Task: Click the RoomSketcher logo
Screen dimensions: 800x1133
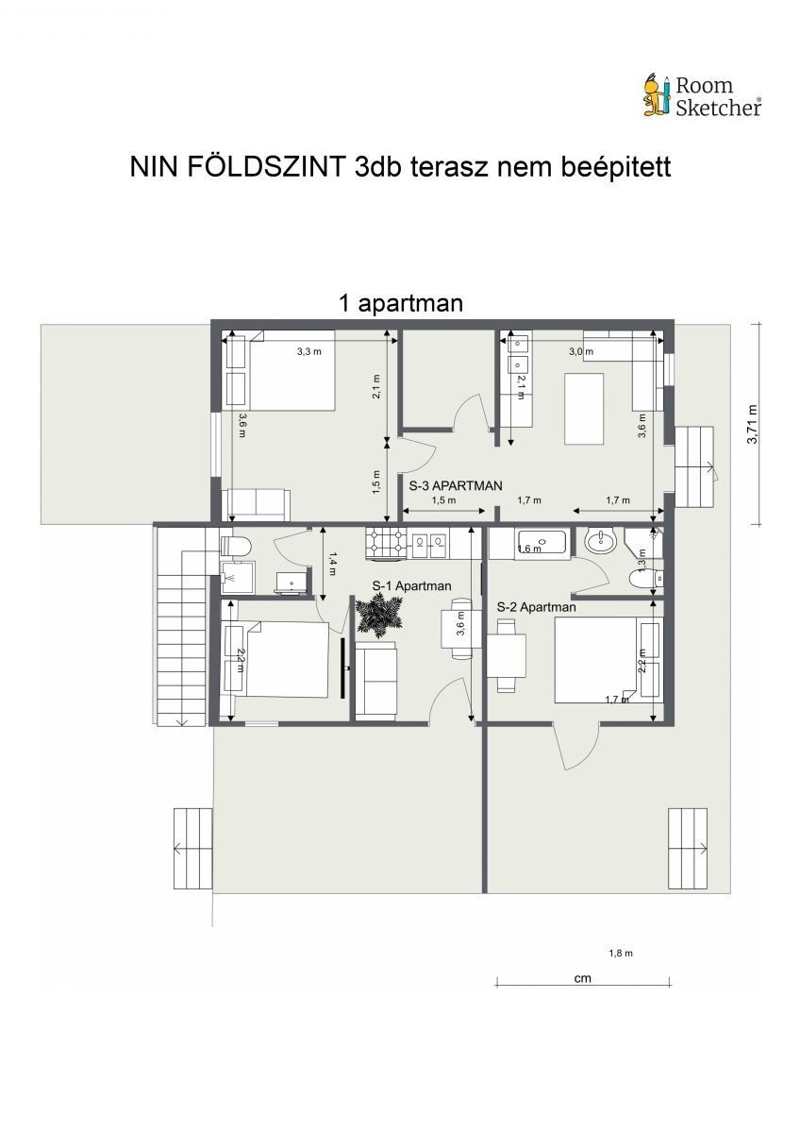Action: click(702, 96)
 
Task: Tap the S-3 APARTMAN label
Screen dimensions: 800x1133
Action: click(456, 485)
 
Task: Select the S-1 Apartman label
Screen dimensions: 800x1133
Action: click(411, 586)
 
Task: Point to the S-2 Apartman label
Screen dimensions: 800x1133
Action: click(536, 607)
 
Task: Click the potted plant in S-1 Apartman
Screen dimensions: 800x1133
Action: click(379, 615)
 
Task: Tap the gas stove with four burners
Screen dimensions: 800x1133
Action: click(387, 544)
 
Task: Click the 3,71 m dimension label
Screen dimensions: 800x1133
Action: click(753, 424)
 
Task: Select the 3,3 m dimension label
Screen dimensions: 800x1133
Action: click(308, 351)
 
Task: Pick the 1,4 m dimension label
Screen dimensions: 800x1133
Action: click(332, 564)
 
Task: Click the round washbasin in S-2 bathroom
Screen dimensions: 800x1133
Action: click(600, 542)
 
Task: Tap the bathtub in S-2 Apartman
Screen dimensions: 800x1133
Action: click(542, 544)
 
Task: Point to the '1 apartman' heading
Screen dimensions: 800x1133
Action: click(401, 303)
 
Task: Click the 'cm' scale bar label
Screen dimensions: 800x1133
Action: click(582, 978)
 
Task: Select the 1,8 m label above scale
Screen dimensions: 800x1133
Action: click(621, 954)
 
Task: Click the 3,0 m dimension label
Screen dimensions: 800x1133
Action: click(581, 351)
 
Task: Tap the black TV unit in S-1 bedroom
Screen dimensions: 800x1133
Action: click(343, 668)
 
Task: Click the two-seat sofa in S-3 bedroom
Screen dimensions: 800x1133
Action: click(258, 504)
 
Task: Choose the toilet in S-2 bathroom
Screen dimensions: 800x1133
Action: click(646, 579)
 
